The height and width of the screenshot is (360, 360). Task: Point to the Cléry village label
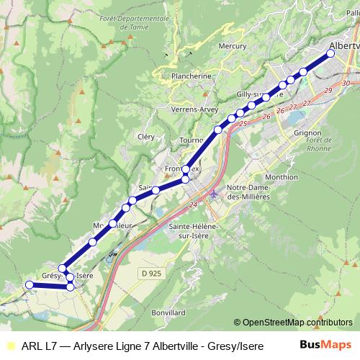pyautogui.click(x=145, y=136)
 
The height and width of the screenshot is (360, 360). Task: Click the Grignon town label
pyautogui.click(x=308, y=133)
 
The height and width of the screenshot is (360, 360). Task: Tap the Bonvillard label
pyautogui.click(x=169, y=313)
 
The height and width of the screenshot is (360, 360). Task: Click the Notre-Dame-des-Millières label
pyautogui.click(x=248, y=192)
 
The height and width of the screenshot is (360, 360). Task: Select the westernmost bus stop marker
pyautogui.click(x=30, y=285)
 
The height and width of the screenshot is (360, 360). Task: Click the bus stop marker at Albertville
pyautogui.click(x=331, y=53)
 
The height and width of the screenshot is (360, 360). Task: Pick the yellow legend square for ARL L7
pyautogui.click(x=9, y=346)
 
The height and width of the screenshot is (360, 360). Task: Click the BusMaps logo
pyautogui.click(x=325, y=345)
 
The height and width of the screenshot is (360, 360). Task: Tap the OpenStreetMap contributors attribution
pyautogui.click(x=293, y=323)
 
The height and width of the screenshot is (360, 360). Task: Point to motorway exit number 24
pyautogui.click(x=193, y=205)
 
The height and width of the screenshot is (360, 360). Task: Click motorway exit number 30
pyautogui.click(x=346, y=84)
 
